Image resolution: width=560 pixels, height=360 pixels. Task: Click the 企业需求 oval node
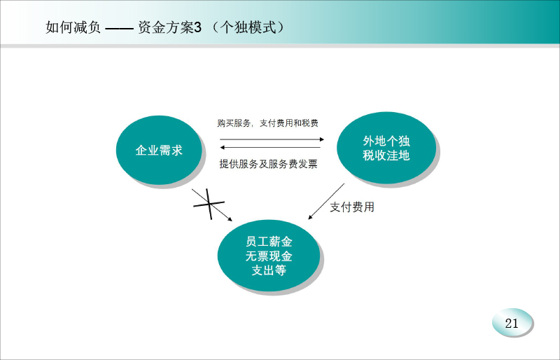159,150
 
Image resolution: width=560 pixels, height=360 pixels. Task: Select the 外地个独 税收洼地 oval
386,148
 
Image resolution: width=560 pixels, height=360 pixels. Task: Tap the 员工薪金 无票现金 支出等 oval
269,256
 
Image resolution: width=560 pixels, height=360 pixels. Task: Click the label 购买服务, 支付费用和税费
267,123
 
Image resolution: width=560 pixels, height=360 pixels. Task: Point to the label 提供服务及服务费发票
268,164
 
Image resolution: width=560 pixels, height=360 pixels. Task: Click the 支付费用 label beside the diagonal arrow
352,207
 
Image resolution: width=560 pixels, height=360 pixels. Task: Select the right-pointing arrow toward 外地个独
272,139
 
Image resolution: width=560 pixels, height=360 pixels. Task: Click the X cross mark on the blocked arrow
209,204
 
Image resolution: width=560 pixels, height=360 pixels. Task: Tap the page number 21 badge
512,323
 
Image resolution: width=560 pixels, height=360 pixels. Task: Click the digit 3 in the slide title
198,27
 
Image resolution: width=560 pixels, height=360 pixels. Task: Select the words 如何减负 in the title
73,27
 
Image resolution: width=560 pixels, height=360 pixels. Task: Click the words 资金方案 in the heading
166,27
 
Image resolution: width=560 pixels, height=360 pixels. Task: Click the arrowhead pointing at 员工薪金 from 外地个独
310,217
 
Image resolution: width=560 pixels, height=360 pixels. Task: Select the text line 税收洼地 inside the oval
386,155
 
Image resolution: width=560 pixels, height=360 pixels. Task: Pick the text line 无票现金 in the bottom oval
269,256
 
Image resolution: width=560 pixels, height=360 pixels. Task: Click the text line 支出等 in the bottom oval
269,270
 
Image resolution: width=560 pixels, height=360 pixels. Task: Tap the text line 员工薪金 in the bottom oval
269,242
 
